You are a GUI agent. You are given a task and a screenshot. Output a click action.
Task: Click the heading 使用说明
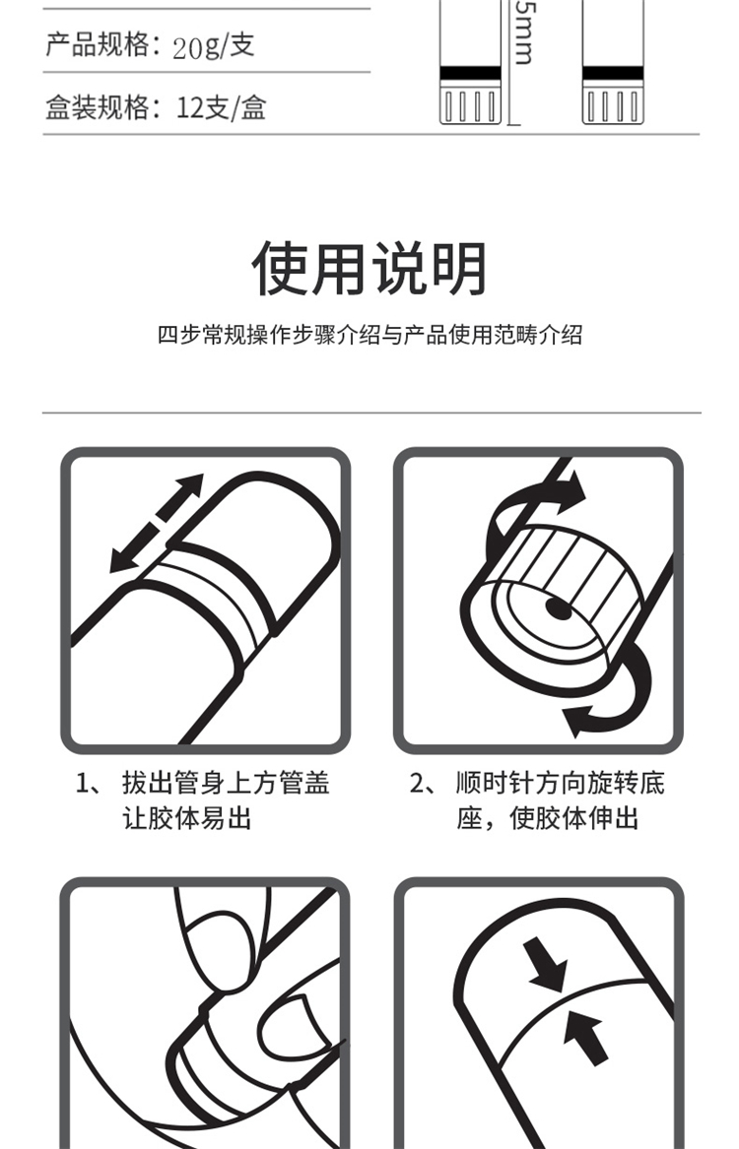coord(369,268)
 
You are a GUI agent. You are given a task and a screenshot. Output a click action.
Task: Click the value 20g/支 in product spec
coord(214,46)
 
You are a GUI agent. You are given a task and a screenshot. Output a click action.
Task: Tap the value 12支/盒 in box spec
coord(221,108)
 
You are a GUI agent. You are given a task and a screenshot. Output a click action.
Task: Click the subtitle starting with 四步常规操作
coord(370,335)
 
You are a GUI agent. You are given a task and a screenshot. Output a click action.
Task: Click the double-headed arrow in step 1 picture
coord(156,523)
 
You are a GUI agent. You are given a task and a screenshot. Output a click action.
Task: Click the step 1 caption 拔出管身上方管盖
coord(226,784)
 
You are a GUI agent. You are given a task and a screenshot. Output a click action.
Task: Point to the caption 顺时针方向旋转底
coord(560,784)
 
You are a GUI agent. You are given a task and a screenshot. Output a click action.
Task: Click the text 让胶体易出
coord(187,818)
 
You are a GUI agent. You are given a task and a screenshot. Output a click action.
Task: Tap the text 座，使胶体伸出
coord(548,818)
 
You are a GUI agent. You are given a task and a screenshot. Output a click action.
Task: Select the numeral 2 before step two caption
coord(417,784)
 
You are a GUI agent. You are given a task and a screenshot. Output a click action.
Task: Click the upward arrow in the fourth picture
coord(585,1037)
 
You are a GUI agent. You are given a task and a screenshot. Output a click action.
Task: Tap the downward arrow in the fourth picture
coord(546,966)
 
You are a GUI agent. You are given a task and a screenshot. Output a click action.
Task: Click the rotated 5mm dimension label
coord(524,32)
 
